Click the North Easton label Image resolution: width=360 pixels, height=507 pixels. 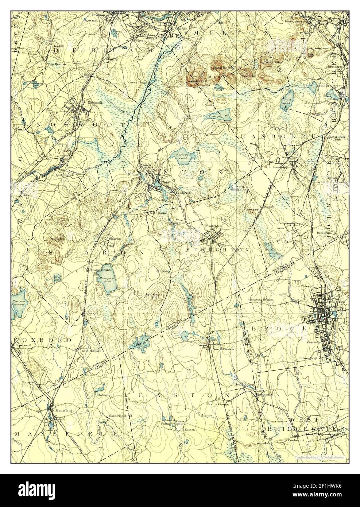pos(223,349)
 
